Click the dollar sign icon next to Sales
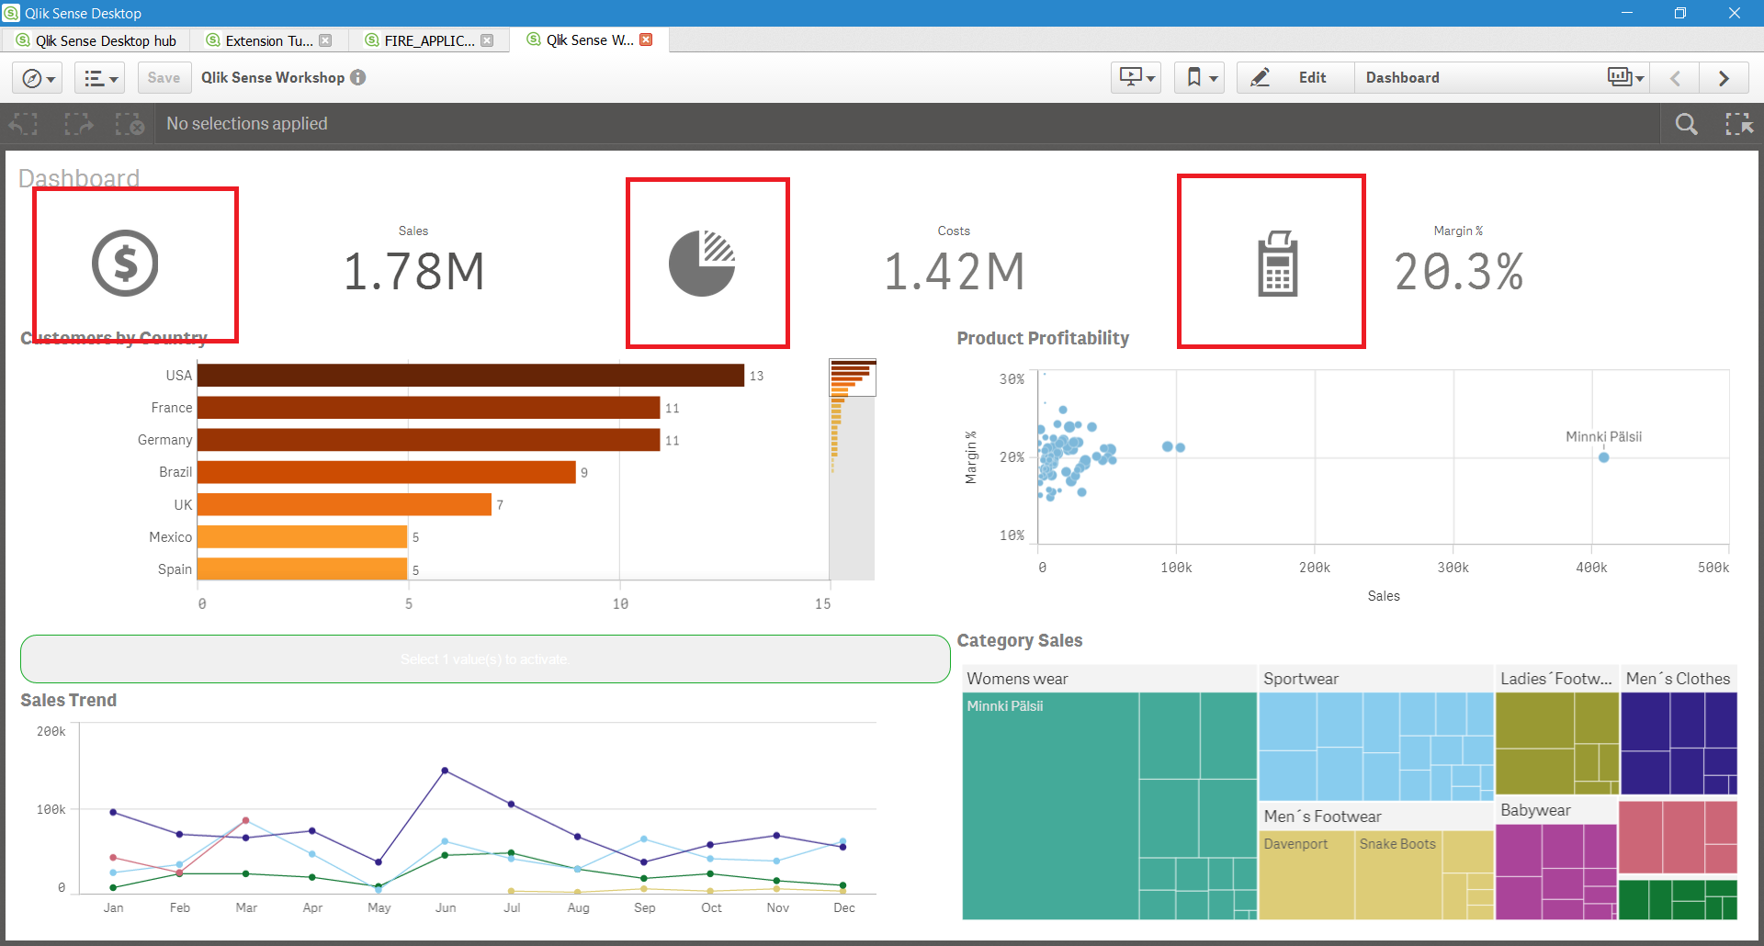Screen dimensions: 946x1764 125,264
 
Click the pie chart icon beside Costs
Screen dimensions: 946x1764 702,264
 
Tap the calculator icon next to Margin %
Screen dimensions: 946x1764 1277,265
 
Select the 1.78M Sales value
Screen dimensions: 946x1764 413,272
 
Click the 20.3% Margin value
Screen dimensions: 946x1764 1458,272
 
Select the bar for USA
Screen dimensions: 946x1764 470,376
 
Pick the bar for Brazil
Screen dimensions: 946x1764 386,472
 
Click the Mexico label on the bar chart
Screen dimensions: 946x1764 171,537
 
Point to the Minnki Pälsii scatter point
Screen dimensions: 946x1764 1603,457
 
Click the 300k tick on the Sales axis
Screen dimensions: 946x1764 1453,568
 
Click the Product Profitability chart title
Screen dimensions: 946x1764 1043,338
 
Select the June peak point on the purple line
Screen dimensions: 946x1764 445,771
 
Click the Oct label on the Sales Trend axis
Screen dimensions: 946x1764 711,907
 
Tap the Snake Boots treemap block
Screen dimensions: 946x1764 1397,873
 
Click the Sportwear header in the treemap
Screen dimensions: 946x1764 1301,679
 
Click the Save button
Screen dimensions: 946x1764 164,78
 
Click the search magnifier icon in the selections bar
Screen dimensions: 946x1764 1686,124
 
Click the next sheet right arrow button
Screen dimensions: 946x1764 1724,78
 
